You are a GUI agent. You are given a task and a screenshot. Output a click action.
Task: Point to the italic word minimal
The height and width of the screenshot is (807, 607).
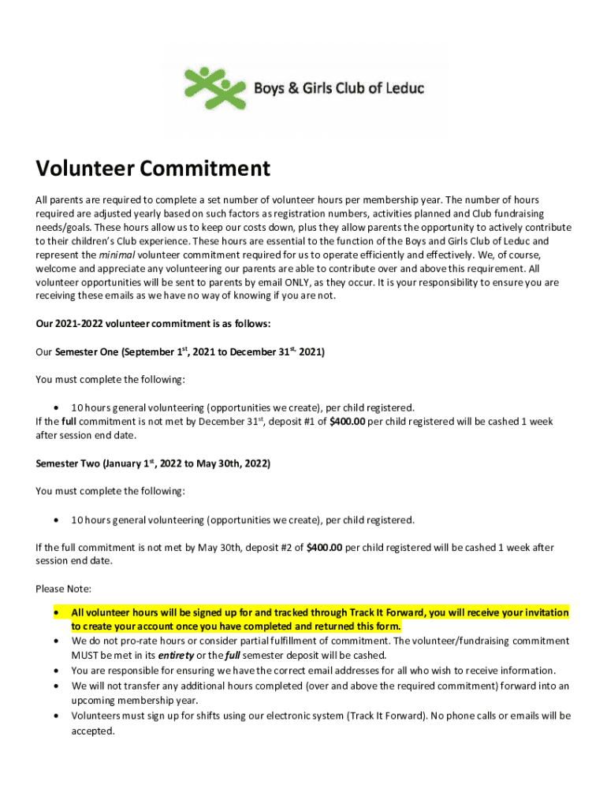[x=117, y=255]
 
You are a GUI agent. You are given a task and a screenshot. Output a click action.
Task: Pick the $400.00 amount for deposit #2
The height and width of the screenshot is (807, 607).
[x=324, y=548]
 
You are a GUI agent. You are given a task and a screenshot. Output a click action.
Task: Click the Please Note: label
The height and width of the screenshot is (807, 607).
[x=63, y=589]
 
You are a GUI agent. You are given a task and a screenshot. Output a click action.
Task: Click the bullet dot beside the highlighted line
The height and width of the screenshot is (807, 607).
[x=56, y=612]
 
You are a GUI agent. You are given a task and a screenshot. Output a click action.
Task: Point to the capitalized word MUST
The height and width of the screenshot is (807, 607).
[x=85, y=656]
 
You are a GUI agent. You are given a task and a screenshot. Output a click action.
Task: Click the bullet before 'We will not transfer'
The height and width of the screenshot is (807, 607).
[x=56, y=686]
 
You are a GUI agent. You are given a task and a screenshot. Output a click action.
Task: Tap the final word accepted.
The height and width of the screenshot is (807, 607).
[x=93, y=731]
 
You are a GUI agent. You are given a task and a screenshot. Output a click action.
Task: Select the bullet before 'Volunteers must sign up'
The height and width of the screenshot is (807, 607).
[x=56, y=716]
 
